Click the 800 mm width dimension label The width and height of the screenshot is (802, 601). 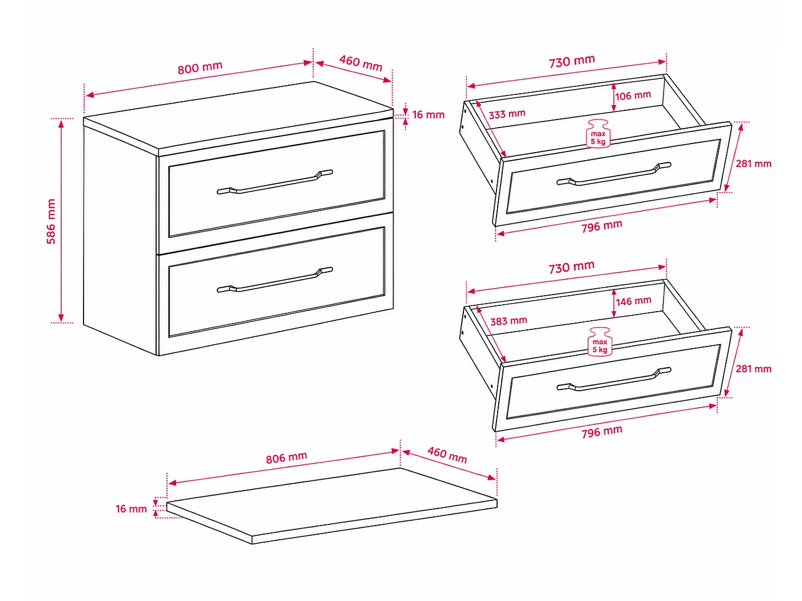coord(200,67)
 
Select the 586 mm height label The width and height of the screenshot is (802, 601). coord(51,221)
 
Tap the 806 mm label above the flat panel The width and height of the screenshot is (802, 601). coord(286,457)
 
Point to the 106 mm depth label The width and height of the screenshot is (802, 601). coord(633,95)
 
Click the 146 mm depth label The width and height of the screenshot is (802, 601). coord(633,301)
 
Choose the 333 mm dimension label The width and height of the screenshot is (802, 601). coord(507,114)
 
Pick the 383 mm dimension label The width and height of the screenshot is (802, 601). coord(509,321)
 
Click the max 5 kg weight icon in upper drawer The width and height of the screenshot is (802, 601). coord(598,134)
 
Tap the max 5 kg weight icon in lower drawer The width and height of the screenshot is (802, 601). coord(599,341)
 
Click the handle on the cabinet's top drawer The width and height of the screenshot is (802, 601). coord(275,182)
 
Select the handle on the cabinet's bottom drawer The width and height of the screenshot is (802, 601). coord(275,280)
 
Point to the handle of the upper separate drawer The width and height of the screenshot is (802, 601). coord(614,174)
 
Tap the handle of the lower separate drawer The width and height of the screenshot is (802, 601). coord(614,379)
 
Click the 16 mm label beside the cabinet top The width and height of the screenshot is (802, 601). coord(428,114)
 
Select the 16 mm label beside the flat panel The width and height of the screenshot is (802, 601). coord(131,508)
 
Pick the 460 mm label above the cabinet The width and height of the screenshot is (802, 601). coord(360,63)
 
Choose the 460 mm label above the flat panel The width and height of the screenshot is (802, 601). coord(447,455)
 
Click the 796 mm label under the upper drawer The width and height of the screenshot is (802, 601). coord(602,226)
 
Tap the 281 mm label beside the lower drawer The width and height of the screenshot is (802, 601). coord(753,369)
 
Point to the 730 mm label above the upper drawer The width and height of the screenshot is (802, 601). coord(572,61)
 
